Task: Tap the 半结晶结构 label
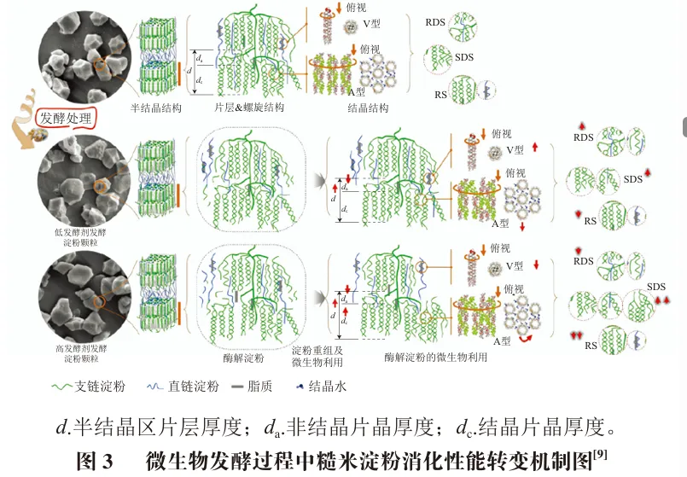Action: (154, 108)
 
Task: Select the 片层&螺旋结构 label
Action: (250, 108)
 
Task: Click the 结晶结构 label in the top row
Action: (369, 108)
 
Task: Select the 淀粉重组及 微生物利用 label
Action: (317, 358)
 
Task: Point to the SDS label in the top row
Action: (465, 58)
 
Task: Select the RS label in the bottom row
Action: (591, 346)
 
